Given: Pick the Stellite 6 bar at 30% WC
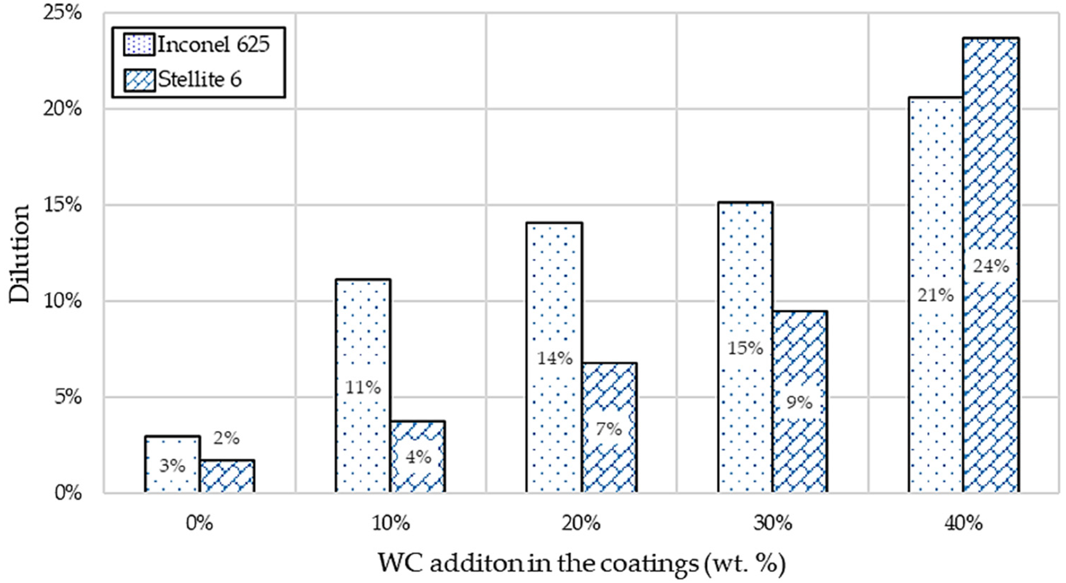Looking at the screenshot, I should [799, 402].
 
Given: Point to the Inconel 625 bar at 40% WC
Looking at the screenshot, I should [935, 295].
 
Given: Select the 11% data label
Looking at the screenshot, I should [363, 387].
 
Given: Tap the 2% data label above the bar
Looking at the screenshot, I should [226, 438].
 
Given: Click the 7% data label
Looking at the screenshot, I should [609, 429].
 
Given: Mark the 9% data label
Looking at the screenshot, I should [799, 402].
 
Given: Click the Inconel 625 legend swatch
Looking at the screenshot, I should [139, 45].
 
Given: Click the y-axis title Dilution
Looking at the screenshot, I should [20, 253].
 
